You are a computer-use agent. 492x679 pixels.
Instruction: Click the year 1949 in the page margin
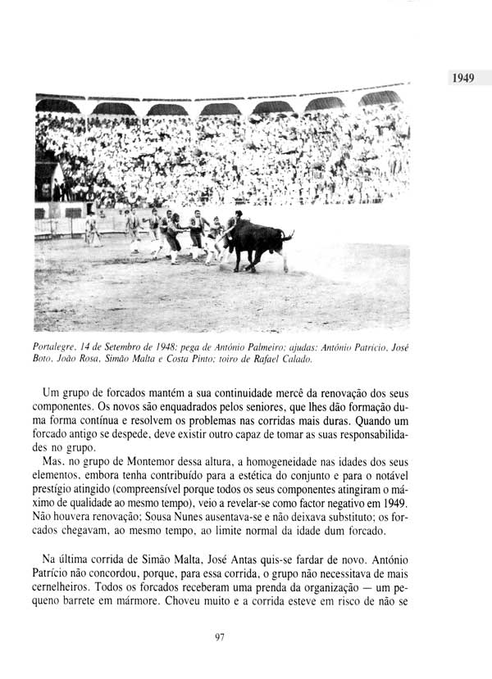[463, 79]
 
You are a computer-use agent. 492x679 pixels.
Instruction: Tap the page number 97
[220, 638]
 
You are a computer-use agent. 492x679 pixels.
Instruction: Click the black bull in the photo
[256, 240]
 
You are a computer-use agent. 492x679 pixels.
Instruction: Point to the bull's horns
[286, 236]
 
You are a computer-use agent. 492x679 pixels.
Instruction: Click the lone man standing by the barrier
[91, 229]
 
